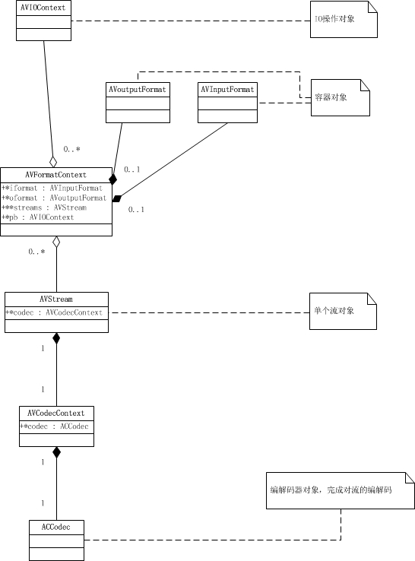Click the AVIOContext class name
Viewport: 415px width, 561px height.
[x=43, y=8]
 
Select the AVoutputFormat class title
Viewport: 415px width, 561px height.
[x=137, y=90]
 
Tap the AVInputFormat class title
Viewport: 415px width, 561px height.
[x=227, y=90]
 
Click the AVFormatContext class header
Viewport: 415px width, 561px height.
[x=56, y=175]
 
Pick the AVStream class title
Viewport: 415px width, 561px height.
[x=56, y=300]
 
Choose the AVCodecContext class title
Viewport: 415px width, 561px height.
[x=56, y=414]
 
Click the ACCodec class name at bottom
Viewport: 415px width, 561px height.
[x=56, y=527]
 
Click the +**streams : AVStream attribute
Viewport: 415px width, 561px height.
[x=45, y=208]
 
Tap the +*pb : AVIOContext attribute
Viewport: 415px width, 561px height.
[x=39, y=217]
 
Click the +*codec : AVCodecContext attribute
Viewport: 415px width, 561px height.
[x=54, y=312]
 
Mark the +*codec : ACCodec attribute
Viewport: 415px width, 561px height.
[x=55, y=426]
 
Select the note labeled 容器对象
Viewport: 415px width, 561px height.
[x=340, y=97]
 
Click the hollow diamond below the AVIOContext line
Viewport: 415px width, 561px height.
[x=52, y=160]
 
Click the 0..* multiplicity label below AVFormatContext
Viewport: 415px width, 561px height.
[x=36, y=251]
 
